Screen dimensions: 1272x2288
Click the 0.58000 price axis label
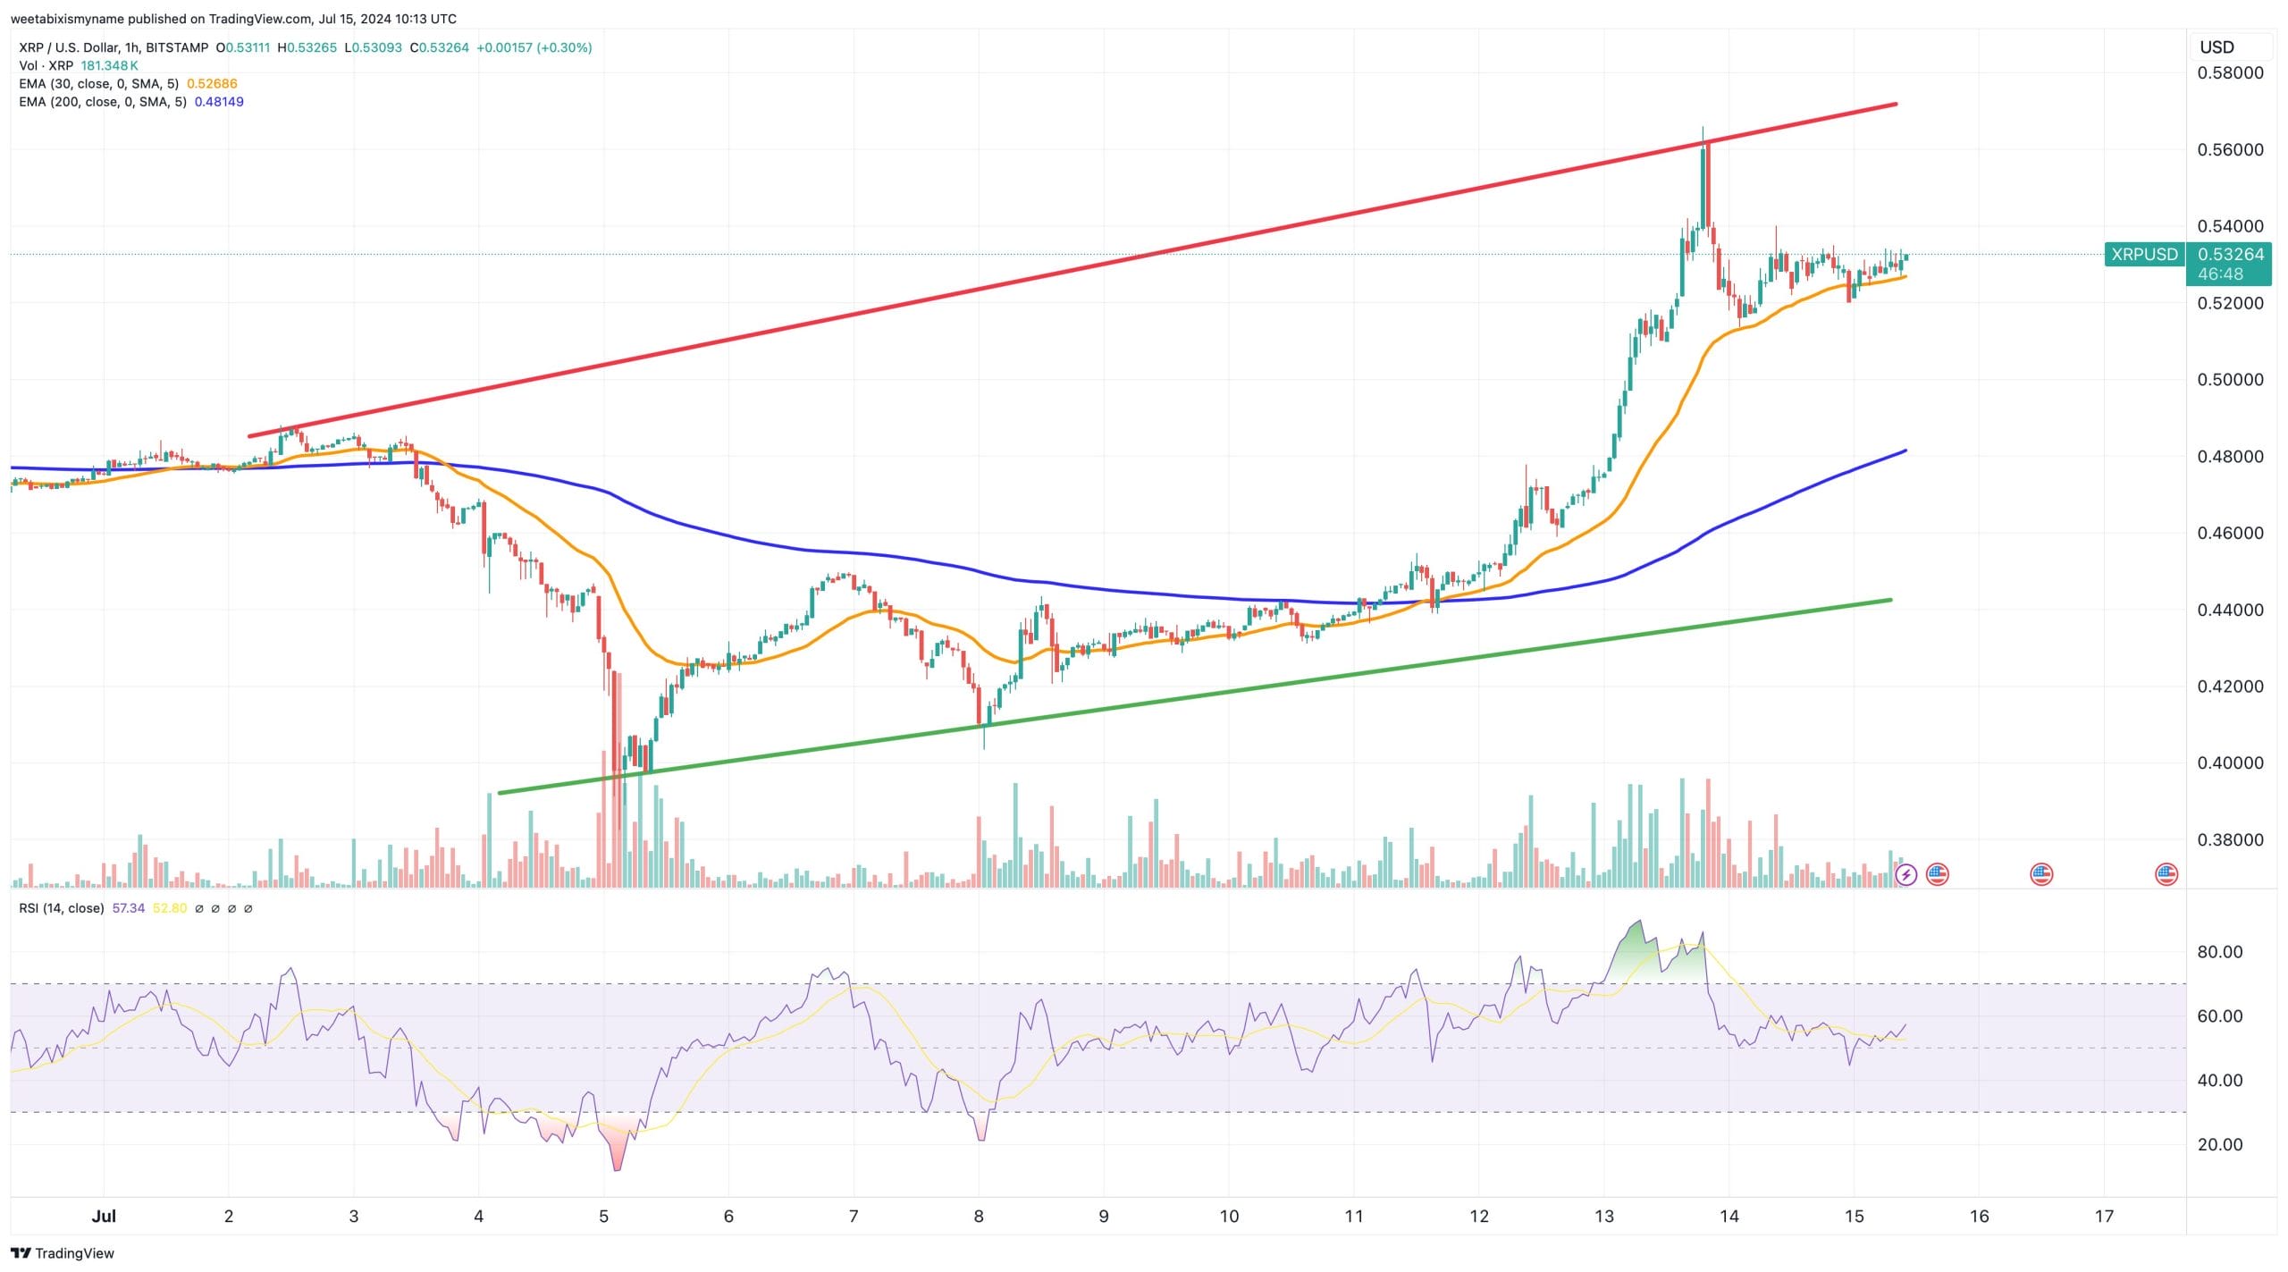point(2230,72)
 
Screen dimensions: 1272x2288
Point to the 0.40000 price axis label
point(2230,762)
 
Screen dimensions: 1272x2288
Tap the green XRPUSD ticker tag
point(2144,254)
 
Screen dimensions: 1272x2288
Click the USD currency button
point(2216,47)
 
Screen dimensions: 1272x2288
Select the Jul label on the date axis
point(105,1216)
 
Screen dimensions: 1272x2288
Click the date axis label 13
point(1604,1216)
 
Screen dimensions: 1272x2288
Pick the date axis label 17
point(2104,1216)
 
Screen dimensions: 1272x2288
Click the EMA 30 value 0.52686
point(212,84)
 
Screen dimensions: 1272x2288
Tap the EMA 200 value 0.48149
point(219,102)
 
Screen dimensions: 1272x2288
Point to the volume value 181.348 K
point(109,65)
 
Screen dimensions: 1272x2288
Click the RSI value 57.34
point(129,908)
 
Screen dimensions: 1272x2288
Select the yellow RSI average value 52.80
point(170,908)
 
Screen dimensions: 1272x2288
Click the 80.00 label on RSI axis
point(2220,951)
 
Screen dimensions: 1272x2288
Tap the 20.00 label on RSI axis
point(2220,1144)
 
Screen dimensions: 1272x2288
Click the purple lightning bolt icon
point(1905,874)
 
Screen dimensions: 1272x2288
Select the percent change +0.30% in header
point(564,47)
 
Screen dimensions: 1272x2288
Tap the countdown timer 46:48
point(2220,274)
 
